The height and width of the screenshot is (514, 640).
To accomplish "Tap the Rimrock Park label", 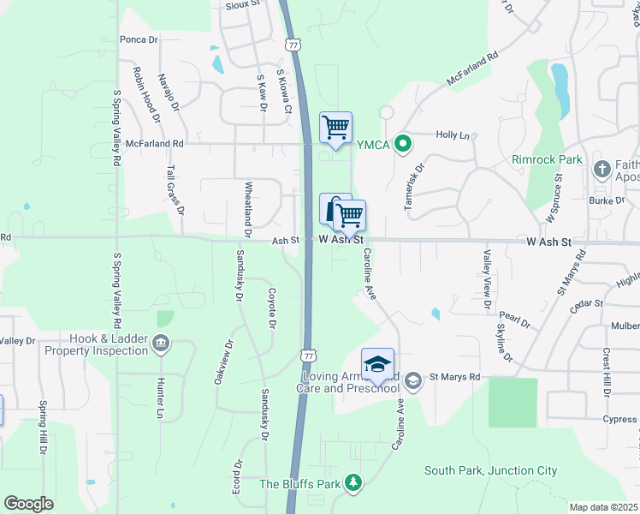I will coord(547,159).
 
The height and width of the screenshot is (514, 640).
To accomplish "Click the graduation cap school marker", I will coord(377,363).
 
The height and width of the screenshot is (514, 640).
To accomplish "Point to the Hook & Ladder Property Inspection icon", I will coord(160,344).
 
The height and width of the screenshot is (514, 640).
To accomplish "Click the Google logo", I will coord(28,503).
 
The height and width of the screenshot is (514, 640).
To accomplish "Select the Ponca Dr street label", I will coord(139,39).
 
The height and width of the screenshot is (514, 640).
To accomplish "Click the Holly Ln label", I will coord(453,135).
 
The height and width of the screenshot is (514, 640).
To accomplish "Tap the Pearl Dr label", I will coord(514,320).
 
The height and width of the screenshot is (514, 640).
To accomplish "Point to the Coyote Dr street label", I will coord(272,308).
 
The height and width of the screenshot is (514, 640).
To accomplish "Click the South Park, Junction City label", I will coord(491,470).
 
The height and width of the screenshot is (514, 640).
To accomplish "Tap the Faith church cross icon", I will coord(601,167).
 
